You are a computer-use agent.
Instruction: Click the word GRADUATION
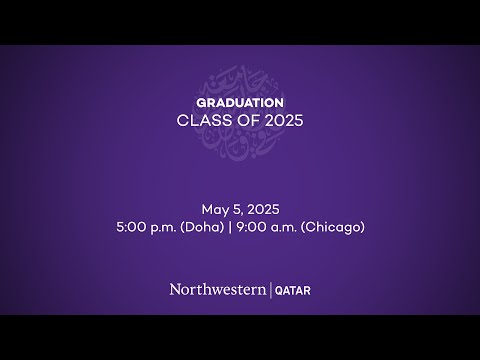point(240,102)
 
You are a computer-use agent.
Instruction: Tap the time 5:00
point(131,227)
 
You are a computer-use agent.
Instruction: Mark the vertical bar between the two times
point(231,227)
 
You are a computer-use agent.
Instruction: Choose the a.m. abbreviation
point(285,228)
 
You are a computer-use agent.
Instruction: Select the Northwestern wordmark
point(216,289)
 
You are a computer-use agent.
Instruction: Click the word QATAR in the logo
point(291,290)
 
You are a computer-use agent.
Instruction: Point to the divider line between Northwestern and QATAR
point(267,289)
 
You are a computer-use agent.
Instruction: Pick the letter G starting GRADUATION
point(201,102)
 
